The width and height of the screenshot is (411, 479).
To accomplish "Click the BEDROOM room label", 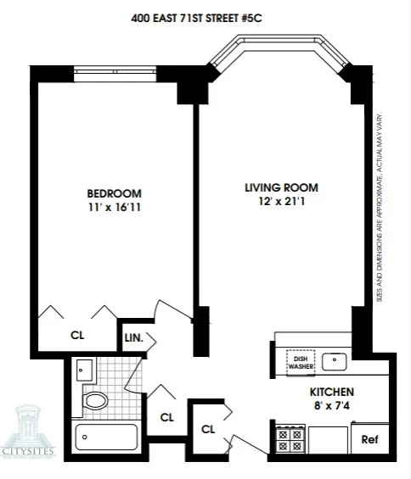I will (113, 192).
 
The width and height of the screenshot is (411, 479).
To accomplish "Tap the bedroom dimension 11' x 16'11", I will (113, 206).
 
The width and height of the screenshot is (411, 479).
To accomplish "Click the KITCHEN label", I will (331, 393).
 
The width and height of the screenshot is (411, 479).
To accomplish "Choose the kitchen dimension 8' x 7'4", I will (331, 406).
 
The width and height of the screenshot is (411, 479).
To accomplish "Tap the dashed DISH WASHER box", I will (300, 362).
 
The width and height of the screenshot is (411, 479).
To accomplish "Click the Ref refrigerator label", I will (369, 440).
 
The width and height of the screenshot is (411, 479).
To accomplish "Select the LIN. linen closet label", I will (133, 338).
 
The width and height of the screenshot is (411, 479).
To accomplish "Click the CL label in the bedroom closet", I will (76, 334).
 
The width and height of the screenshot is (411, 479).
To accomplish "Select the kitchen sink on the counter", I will (336, 361).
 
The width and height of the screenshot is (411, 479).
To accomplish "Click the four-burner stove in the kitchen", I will (289, 439).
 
